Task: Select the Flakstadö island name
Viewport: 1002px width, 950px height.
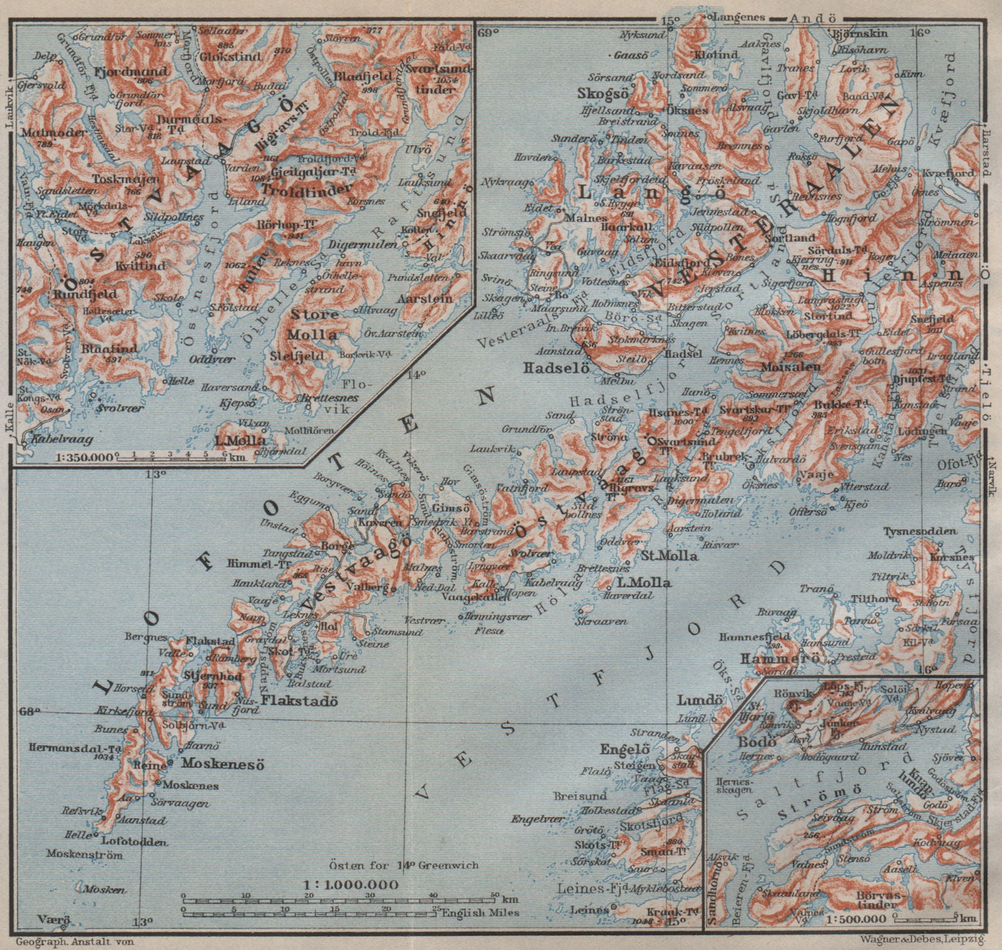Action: click(299, 701)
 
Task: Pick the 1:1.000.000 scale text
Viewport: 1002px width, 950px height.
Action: click(350, 885)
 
